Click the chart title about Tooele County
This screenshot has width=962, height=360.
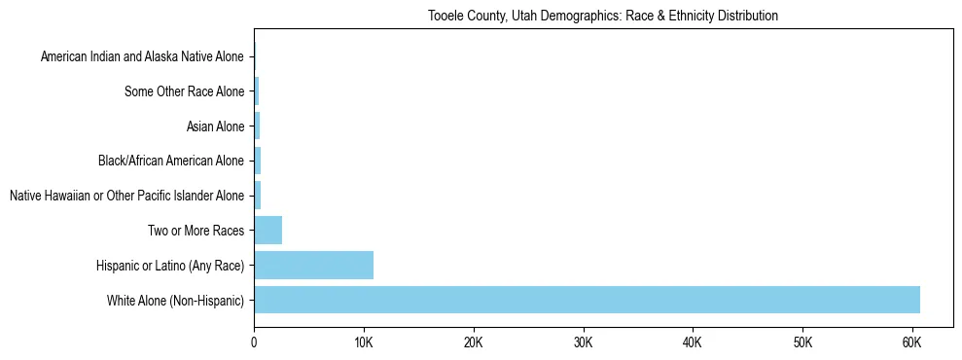[603, 17]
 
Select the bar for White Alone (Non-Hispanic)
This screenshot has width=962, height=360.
[587, 300]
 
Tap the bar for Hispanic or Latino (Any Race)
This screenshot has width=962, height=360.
[313, 265]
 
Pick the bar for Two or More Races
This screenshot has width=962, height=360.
[267, 231]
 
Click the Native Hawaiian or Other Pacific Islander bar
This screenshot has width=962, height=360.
[258, 196]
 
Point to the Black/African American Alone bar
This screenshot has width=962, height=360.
[258, 161]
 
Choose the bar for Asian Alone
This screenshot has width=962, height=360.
[257, 126]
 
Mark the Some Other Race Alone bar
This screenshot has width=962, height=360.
[257, 91]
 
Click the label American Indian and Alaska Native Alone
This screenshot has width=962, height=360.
[142, 57]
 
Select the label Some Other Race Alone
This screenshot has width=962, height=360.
[185, 91]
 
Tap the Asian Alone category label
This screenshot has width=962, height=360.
[215, 126]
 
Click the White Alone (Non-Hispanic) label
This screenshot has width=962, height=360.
[176, 300]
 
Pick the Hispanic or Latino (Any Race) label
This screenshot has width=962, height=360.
[170, 265]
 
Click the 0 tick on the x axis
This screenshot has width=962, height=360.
[254, 342]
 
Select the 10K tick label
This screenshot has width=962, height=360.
[364, 342]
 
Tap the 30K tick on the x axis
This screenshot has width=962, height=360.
[583, 342]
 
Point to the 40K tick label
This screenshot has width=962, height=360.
[693, 342]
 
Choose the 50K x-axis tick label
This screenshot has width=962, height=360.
[802, 342]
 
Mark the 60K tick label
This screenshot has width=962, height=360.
[911, 342]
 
